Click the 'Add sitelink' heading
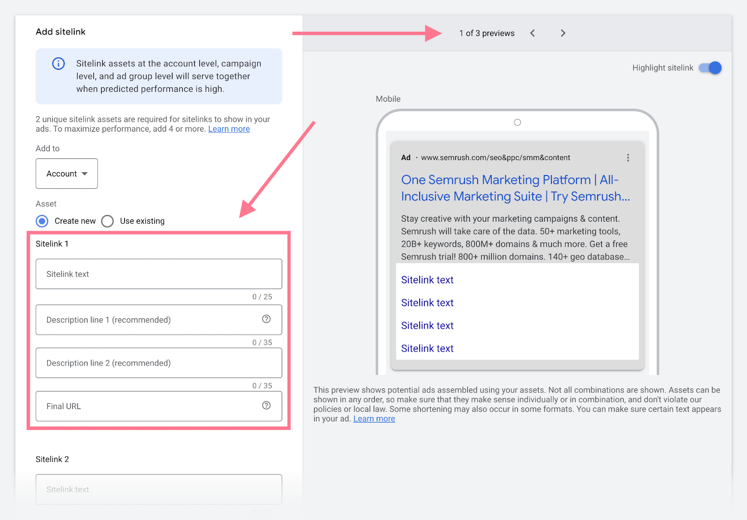(x=61, y=32)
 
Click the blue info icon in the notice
(x=58, y=63)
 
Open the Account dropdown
(x=67, y=174)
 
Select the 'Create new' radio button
(x=42, y=221)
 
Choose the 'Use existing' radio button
(x=108, y=221)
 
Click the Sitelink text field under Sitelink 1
(x=159, y=274)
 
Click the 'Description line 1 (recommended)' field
(x=149, y=320)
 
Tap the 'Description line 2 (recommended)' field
(x=159, y=363)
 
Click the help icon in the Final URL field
(x=266, y=405)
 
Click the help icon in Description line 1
(x=266, y=319)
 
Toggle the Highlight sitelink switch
(x=710, y=68)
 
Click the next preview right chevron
(x=563, y=33)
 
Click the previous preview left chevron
(x=533, y=33)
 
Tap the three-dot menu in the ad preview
(x=628, y=158)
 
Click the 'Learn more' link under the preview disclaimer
(x=374, y=419)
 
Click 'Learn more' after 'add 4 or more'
(x=229, y=129)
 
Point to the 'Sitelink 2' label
(x=52, y=459)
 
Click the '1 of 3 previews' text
(x=486, y=33)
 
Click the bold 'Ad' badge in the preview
(x=406, y=158)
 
